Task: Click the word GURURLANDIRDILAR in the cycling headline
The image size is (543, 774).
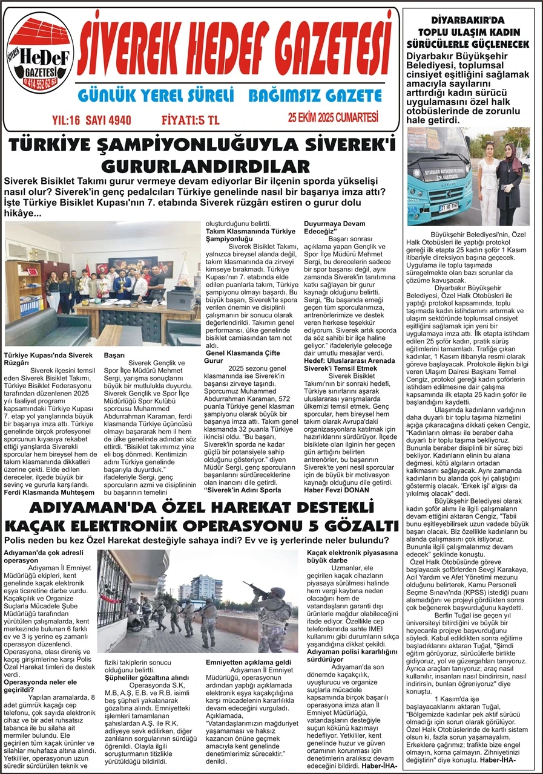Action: [205, 166]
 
